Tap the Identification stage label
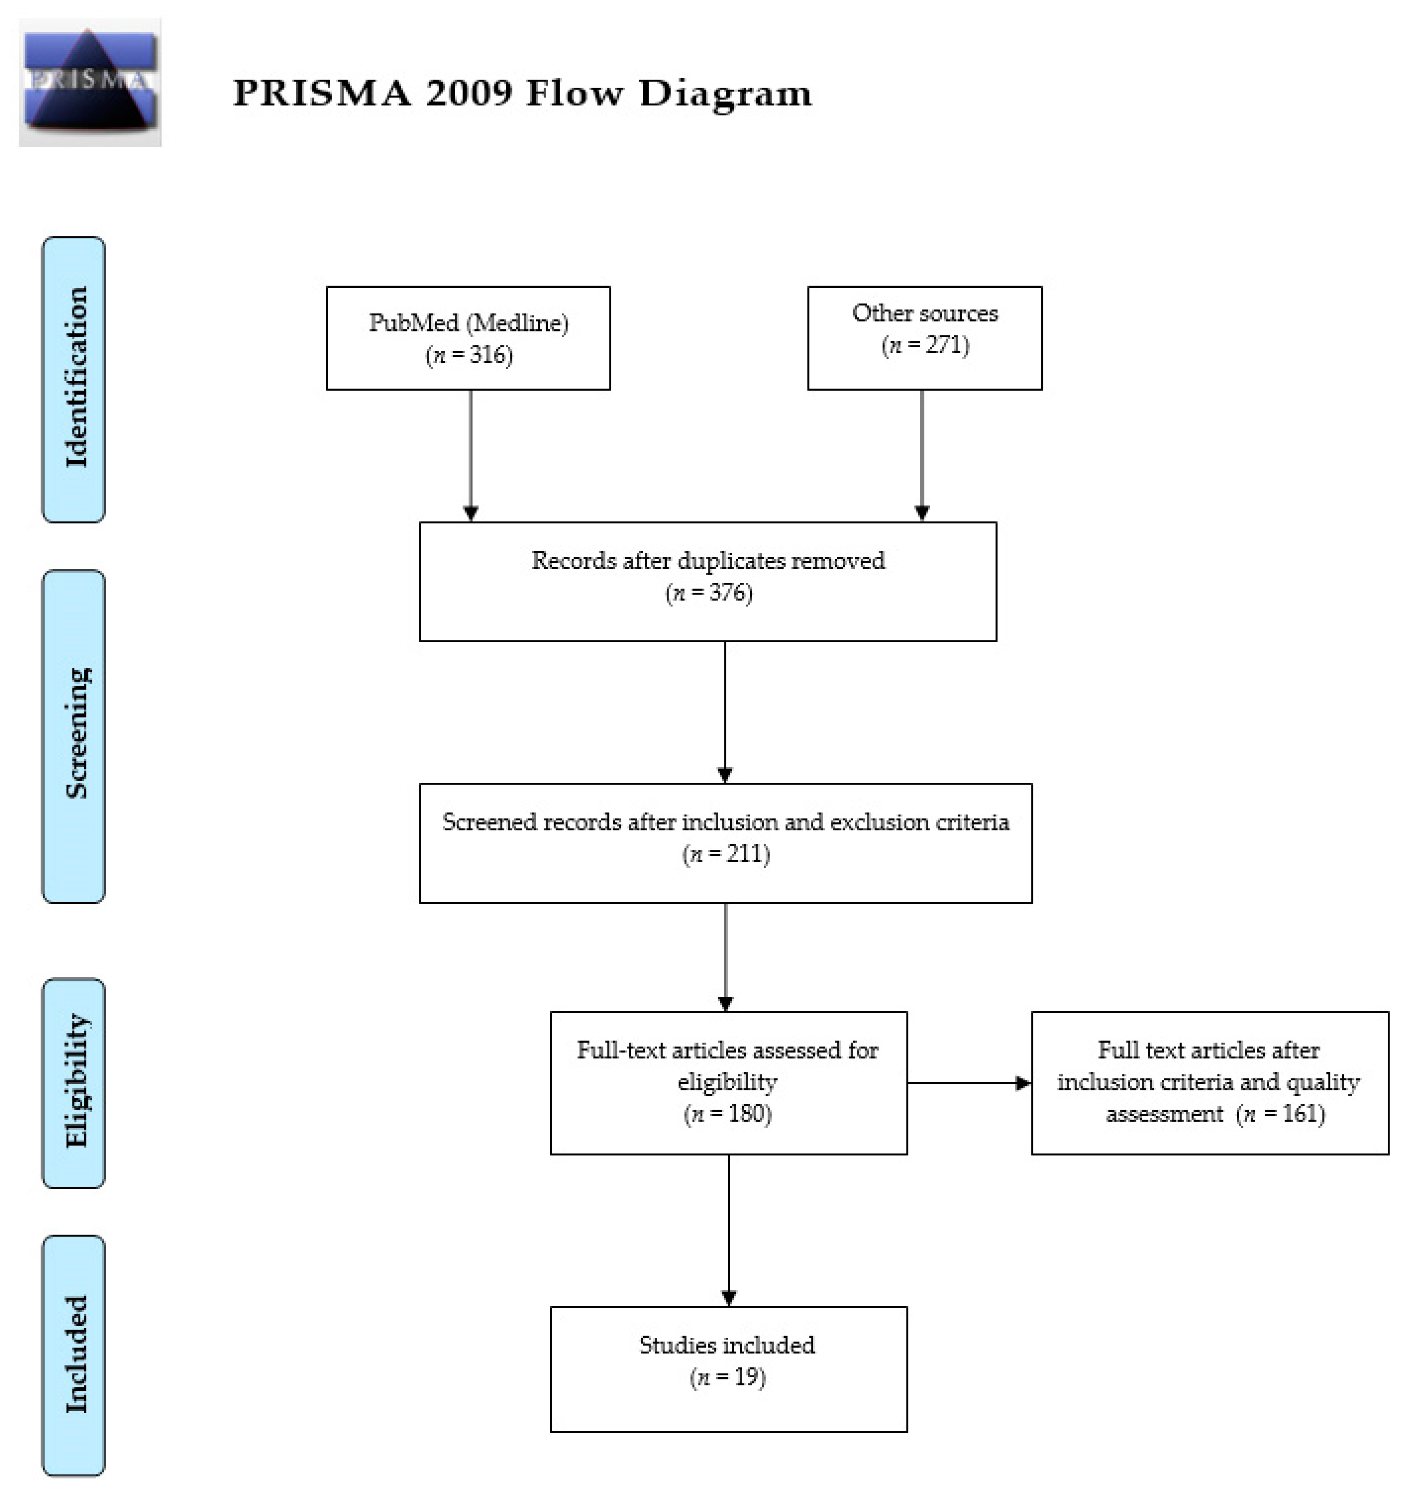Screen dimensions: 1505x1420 (74, 378)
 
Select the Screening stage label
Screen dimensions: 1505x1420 (74, 734)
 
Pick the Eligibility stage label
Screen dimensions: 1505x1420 (74, 1083)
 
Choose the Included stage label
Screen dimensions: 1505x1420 (74, 1355)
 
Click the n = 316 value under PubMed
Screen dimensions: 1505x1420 (469, 355)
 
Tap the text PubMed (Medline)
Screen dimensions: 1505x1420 (469, 323)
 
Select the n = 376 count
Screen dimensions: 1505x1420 (709, 593)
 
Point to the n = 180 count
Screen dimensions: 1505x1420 (728, 1113)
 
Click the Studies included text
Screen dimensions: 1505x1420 (728, 1345)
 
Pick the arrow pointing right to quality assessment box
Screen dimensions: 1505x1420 (969, 1083)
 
